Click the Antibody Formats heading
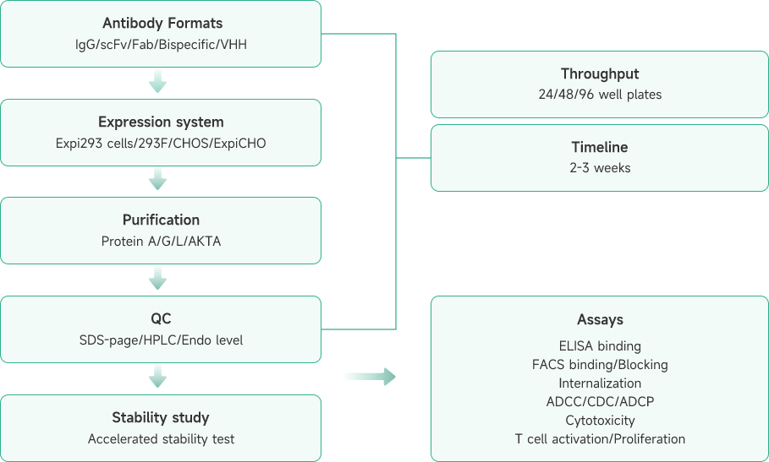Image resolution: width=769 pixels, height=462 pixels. [x=161, y=22]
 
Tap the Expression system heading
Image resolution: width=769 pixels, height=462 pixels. [x=161, y=122]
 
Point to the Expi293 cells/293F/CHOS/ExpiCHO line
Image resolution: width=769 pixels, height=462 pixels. [x=161, y=143]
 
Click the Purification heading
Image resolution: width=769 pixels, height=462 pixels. [x=161, y=220]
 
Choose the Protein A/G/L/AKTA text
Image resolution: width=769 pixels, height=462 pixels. [x=161, y=241]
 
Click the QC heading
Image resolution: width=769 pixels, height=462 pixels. [x=161, y=319]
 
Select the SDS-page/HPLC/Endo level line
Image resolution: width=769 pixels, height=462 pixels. [x=161, y=340]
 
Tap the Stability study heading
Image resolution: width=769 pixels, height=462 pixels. [x=161, y=418]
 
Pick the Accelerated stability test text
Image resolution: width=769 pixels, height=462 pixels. [x=161, y=438]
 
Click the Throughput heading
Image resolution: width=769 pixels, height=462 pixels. [x=600, y=74]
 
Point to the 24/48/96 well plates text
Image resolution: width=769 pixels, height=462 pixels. [x=600, y=94]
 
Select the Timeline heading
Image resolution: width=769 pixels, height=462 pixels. [x=600, y=147]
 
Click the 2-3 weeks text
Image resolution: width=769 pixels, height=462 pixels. [x=600, y=167]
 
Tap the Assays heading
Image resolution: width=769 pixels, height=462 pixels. [x=600, y=320]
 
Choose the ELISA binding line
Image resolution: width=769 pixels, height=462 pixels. [x=600, y=345]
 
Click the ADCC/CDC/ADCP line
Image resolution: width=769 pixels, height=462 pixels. [x=600, y=401]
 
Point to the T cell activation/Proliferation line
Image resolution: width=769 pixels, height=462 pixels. [x=600, y=438]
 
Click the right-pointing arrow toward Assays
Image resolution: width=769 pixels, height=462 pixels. [x=371, y=376]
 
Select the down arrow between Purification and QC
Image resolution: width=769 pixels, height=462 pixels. [x=157, y=277]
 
